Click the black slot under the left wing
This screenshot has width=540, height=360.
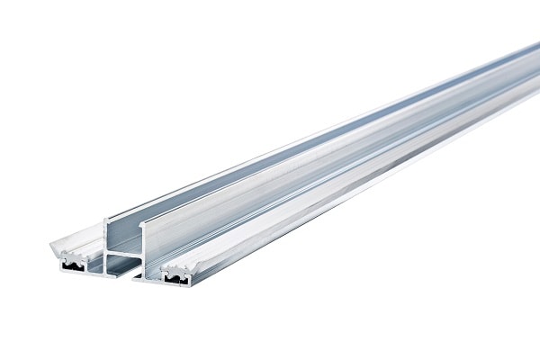[x=72, y=266]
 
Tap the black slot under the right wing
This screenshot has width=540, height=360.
[x=176, y=278]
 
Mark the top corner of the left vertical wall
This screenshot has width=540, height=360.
[x=106, y=218]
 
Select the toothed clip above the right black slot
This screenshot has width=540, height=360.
[x=177, y=269]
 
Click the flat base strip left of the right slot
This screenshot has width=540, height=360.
[x=148, y=276]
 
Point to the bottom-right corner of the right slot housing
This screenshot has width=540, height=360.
[x=192, y=286]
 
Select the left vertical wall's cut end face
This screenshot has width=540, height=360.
[x=107, y=243]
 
